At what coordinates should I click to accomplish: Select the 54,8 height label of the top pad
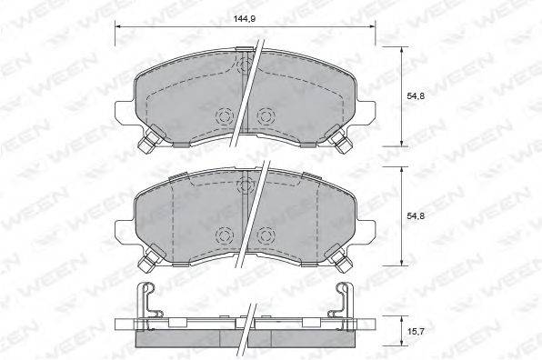pos(415,95)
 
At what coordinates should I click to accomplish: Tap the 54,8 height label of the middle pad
pos(415,215)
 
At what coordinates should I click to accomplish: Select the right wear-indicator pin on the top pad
pos(343,142)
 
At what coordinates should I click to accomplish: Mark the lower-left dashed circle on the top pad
pos(222,115)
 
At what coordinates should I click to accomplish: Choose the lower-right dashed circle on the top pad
pos(266,115)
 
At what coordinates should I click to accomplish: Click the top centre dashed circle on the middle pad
pos(244,185)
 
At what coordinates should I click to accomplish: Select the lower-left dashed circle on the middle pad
pos(222,235)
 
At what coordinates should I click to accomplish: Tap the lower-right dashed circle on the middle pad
pos(266,235)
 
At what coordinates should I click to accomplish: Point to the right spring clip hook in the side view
pos(346,296)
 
